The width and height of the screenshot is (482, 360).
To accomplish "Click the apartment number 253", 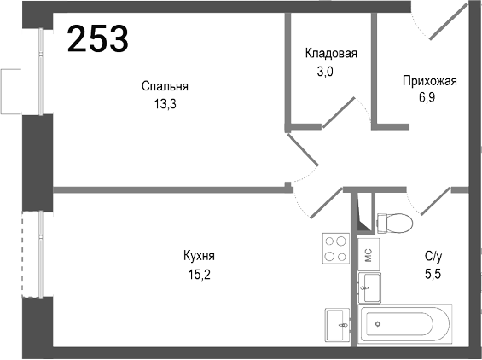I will pos(97,38).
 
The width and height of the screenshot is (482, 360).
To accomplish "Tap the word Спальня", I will pos(165,86).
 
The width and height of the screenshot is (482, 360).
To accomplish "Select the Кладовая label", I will pos(331,53).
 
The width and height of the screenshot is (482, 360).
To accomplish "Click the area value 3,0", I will pos(331,72).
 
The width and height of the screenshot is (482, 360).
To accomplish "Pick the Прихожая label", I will pos(430,82).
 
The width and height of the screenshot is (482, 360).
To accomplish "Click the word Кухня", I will pos(198,256).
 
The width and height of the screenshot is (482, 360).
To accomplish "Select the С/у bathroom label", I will pos(433,255).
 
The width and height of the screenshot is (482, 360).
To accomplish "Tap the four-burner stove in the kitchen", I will pos(335,248).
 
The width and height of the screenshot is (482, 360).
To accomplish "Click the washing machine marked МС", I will pos(368,253).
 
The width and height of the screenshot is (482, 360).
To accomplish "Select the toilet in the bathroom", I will pos(393,221).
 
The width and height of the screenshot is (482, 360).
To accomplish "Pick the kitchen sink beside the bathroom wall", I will pos(336,323).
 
